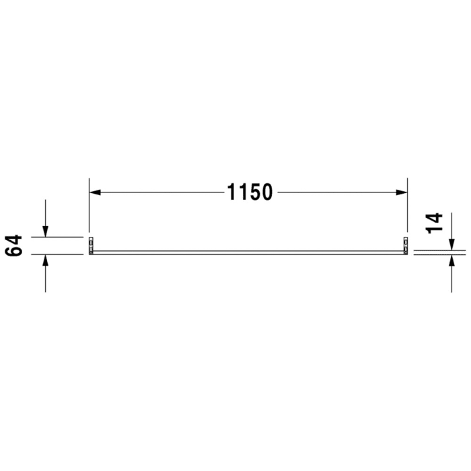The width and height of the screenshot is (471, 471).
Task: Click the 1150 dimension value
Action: pos(249,193)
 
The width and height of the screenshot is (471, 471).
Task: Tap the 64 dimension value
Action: pos(15,246)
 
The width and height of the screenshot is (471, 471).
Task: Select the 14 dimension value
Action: pos(435,223)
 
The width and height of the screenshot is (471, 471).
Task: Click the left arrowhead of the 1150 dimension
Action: pos(95,193)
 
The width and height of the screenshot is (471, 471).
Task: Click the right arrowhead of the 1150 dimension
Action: pos(402,193)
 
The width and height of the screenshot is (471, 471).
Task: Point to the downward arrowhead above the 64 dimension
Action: pos(45,231)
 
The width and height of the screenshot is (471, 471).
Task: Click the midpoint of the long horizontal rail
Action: pos(248,252)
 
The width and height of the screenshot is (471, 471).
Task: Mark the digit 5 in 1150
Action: pos(255,193)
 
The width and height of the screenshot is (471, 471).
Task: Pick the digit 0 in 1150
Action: pos(267,193)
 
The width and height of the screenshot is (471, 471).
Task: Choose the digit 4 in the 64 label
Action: pos(15,240)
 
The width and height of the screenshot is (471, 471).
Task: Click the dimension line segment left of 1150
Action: pos(161,193)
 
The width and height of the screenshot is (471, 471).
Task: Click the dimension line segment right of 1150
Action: pos(340,193)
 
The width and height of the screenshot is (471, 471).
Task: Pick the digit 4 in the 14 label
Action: pos(435,217)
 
